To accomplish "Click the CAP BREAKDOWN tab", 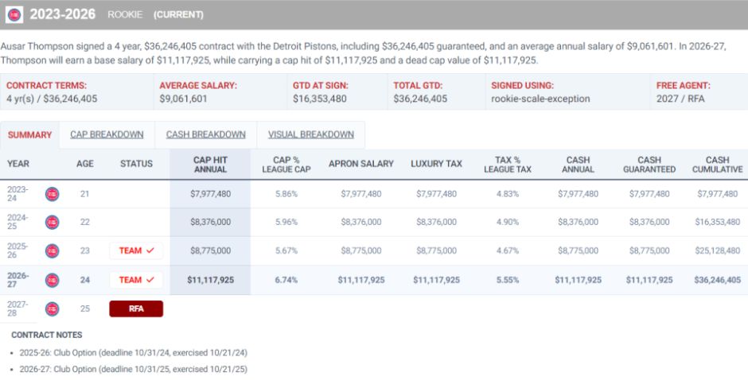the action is coord(107,134).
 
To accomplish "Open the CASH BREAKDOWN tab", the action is coord(205,134).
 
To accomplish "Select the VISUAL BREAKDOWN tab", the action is coord(311,134).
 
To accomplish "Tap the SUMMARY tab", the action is coord(29,135).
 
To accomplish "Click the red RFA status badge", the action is coord(136,308).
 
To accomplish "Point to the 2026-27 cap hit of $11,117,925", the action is coord(210,280).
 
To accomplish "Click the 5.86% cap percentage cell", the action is coord(286,194).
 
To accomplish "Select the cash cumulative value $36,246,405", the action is coord(718,280).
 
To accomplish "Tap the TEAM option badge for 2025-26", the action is coord(136,250).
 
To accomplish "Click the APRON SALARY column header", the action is coord(361,164).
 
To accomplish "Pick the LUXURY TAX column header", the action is coord(437,164).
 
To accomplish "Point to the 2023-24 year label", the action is coord(18,193).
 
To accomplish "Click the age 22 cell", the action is coord(85,222).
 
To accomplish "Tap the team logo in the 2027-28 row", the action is coord(52,309).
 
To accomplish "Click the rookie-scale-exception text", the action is coord(540,99).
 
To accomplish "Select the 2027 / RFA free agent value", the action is coord(680,99).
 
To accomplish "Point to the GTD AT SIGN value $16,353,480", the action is coord(320,99).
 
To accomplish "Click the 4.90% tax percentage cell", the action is coord(508,222).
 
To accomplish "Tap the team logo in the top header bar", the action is coord(14,15).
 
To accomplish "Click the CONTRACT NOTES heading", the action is coord(47,335).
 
